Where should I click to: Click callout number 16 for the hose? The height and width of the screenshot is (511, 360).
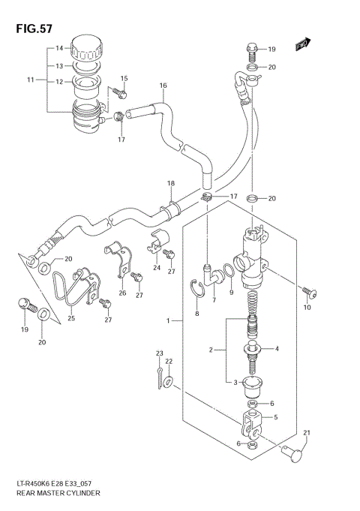162,86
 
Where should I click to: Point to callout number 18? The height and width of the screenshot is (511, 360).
170,184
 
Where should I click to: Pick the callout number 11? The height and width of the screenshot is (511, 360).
31,80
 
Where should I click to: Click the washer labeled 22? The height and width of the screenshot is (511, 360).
167,383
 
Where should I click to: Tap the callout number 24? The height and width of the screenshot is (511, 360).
157,267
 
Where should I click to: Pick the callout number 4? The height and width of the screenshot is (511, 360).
276,348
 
